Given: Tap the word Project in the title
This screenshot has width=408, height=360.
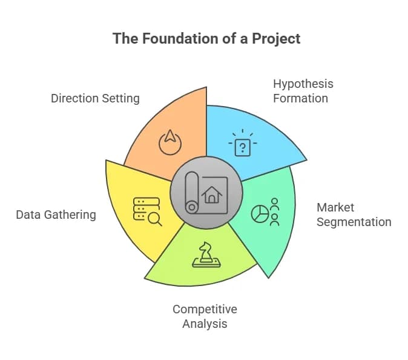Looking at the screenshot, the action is pos(276,39).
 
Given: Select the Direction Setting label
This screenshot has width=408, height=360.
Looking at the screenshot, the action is pos(95,99).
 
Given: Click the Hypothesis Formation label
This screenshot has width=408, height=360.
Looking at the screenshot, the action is pos(303,91).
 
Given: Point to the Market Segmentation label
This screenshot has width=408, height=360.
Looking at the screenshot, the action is pos(354,215).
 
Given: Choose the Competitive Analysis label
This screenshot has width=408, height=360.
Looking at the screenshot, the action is pos(205,316).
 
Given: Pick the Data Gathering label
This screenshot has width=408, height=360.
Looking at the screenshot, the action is pos(56,215).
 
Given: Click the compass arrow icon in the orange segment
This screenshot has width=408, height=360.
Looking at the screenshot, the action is pos(170,142).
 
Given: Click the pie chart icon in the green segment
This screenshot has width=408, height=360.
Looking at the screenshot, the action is pos(260,213).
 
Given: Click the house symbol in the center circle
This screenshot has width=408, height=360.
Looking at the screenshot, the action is pos(212,195).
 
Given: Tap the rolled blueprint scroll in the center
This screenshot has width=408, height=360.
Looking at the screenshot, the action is pos(192,193).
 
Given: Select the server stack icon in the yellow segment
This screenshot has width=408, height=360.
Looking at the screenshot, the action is pos(146,209).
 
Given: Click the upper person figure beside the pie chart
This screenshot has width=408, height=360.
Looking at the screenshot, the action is pos(275,204).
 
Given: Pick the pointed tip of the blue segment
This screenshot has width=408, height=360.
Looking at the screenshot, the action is pos(306,159).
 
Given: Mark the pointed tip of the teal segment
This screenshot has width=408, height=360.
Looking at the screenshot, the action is pos(268,278).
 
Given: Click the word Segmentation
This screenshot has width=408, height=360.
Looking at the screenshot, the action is pos(354,222).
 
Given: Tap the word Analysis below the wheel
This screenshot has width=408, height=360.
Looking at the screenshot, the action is pos(205,324).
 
